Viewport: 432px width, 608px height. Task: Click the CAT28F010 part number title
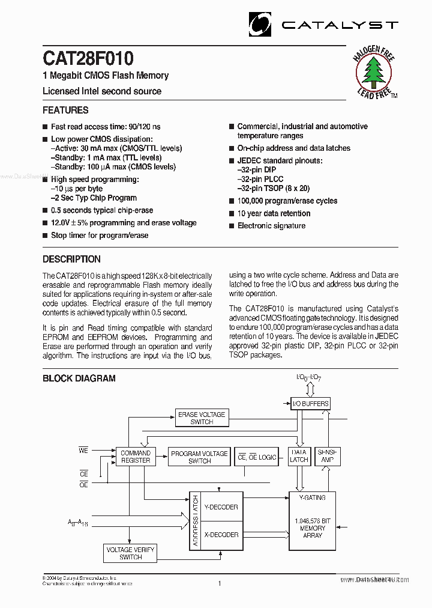[x=88, y=58]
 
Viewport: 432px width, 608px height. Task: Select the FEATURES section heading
[x=65, y=110]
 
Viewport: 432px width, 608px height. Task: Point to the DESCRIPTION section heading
[x=71, y=260]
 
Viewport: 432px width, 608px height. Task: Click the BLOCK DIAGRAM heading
[x=79, y=378]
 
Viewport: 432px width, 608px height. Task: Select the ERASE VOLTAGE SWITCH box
[x=202, y=418]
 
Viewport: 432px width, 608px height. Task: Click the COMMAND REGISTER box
[x=136, y=457]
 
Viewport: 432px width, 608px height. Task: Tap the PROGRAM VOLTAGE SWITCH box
[x=199, y=457]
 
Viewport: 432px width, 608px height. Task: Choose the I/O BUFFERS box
[x=310, y=404]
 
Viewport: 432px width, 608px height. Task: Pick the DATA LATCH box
[x=299, y=456]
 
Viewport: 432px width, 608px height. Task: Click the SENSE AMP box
[x=328, y=456]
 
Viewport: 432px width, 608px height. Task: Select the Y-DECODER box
[x=221, y=507]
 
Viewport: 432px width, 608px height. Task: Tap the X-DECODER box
[x=221, y=535]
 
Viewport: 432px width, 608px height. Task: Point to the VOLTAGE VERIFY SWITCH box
[x=130, y=553]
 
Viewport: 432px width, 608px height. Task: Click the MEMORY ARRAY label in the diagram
[x=313, y=528]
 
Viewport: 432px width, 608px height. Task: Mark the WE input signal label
[x=83, y=449]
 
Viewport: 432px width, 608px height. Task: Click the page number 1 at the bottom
[x=220, y=583]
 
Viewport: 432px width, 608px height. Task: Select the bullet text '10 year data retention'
[x=274, y=213]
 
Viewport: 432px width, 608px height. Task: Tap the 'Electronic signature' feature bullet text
[x=271, y=226]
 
